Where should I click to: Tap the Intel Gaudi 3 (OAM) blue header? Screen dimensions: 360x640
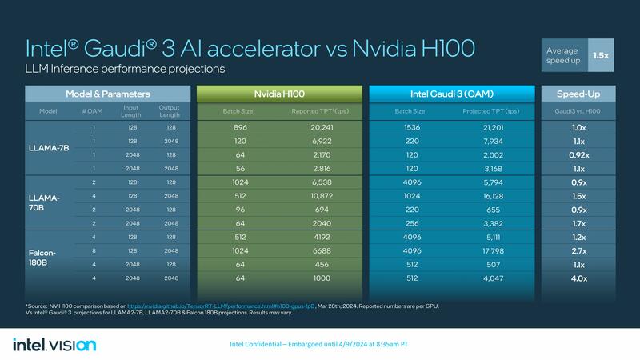451,94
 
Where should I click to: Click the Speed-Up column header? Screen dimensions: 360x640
582,94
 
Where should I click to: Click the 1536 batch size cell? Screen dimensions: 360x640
403,126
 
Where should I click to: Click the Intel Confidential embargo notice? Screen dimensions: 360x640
320,345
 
